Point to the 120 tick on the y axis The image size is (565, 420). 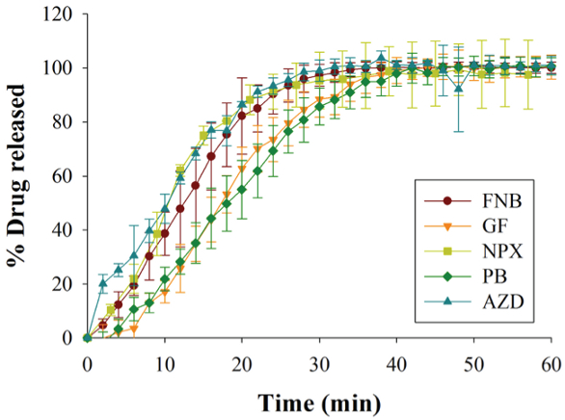coord(63,13)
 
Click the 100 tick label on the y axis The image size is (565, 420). coord(63,67)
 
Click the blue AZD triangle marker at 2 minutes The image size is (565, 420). coord(103,283)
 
